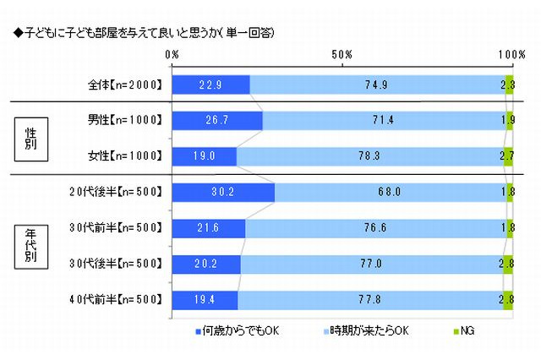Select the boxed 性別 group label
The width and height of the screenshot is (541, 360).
point(30,138)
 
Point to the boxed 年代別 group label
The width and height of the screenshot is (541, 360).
point(30,245)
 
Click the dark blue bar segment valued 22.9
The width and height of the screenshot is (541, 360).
point(210,85)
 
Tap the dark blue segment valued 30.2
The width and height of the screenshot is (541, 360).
point(223,193)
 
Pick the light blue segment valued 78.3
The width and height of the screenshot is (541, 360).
point(369,156)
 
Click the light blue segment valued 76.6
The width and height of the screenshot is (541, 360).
point(374,228)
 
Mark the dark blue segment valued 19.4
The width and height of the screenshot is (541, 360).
point(205,299)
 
